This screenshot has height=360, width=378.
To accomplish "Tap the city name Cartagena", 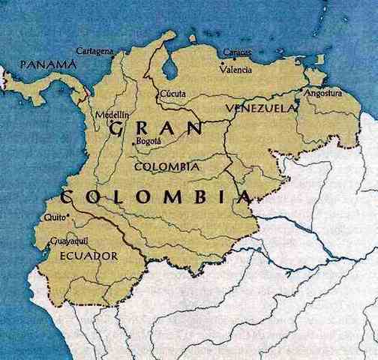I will coord(95,51).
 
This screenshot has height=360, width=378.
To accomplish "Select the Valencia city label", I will coord(236,69).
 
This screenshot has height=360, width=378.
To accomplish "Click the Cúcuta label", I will coord(174,94).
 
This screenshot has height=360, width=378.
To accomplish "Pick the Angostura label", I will coord(322,94).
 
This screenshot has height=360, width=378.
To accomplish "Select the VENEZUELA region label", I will coord(257,108).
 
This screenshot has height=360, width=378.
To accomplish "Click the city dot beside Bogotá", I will coord(135,142).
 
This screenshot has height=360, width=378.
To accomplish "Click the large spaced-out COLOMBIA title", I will coord(154,197).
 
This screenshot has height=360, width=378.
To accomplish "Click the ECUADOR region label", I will coord(87,256).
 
